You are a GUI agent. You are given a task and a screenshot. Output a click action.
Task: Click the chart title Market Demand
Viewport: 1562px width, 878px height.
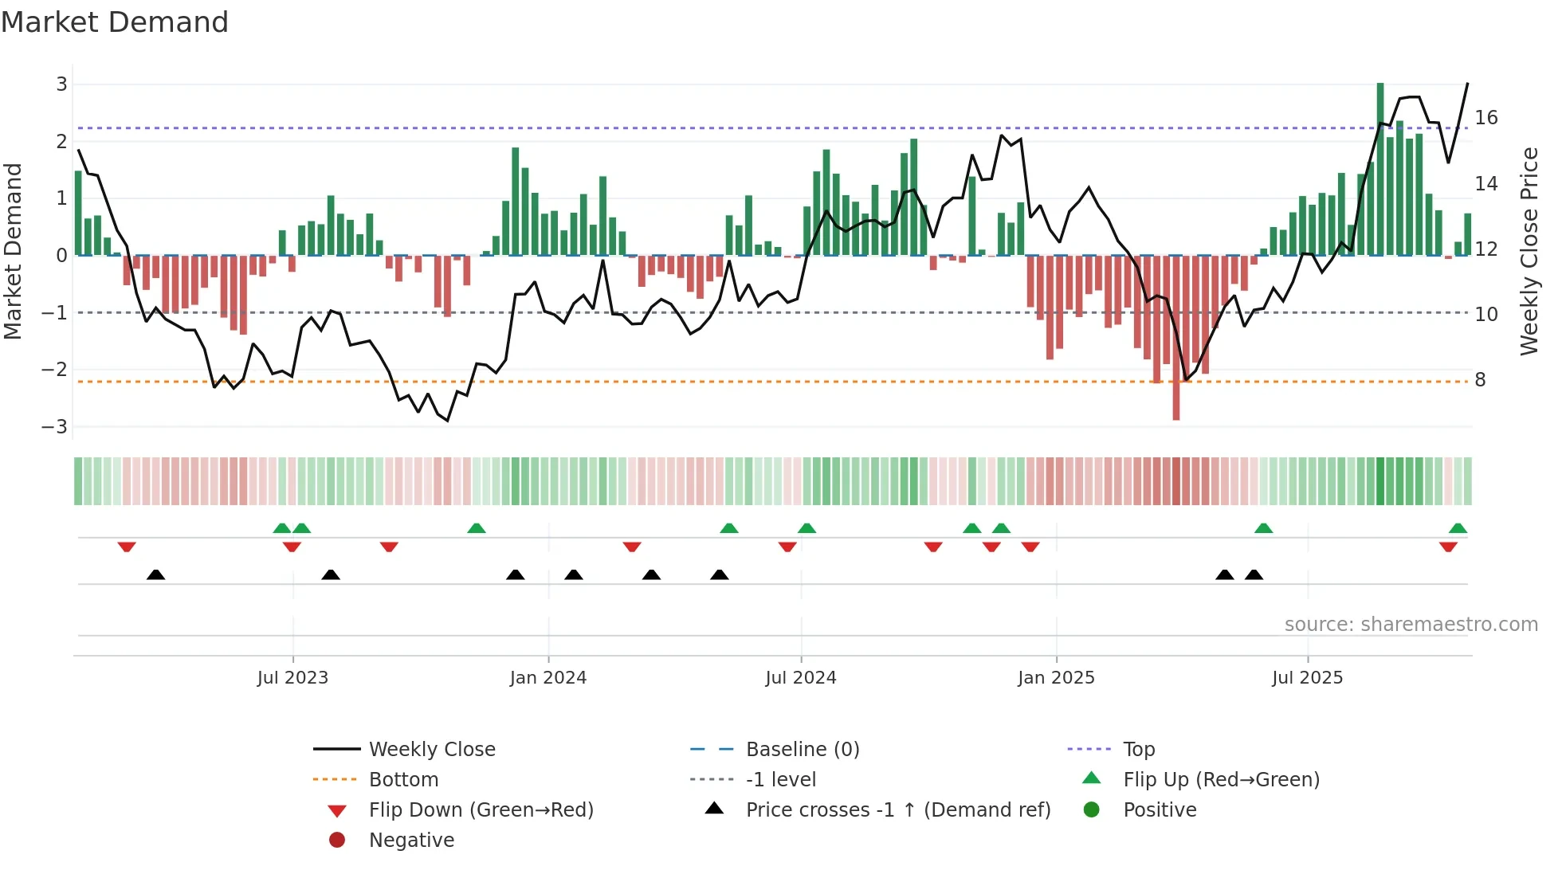[x=115, y=22]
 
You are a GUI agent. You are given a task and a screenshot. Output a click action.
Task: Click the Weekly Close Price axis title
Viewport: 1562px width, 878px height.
[x=1529, y=251]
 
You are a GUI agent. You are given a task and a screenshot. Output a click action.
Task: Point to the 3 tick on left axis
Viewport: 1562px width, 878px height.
[x=61, y=84]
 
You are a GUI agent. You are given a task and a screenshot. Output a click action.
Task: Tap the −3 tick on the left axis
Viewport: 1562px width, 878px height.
[x=55, y=426]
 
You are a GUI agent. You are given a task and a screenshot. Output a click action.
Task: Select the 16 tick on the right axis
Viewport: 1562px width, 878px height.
[x=1486, y=118]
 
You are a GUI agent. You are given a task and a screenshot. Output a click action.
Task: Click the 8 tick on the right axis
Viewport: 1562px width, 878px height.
[x=1480, y=380]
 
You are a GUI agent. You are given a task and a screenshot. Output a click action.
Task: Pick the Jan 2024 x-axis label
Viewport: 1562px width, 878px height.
[x=548, y=678]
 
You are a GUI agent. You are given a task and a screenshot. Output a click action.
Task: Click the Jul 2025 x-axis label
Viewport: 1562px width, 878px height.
[x=1307, y=678]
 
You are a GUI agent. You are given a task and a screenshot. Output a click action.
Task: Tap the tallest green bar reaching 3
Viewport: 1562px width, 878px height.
[x=1380, y=167]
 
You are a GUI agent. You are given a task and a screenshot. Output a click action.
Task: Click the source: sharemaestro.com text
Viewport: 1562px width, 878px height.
[x=1411, y=625]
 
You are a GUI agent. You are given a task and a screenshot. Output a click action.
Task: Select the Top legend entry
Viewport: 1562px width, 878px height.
[x=1139, y=750]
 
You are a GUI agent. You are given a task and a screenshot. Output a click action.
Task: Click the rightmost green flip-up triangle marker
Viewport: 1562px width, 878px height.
[x=1458, y=528]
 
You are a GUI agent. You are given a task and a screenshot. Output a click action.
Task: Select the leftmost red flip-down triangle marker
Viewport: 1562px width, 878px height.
[x=127, y=547]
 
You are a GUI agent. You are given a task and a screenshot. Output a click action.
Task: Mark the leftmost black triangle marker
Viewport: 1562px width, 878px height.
[x=156, y=574]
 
